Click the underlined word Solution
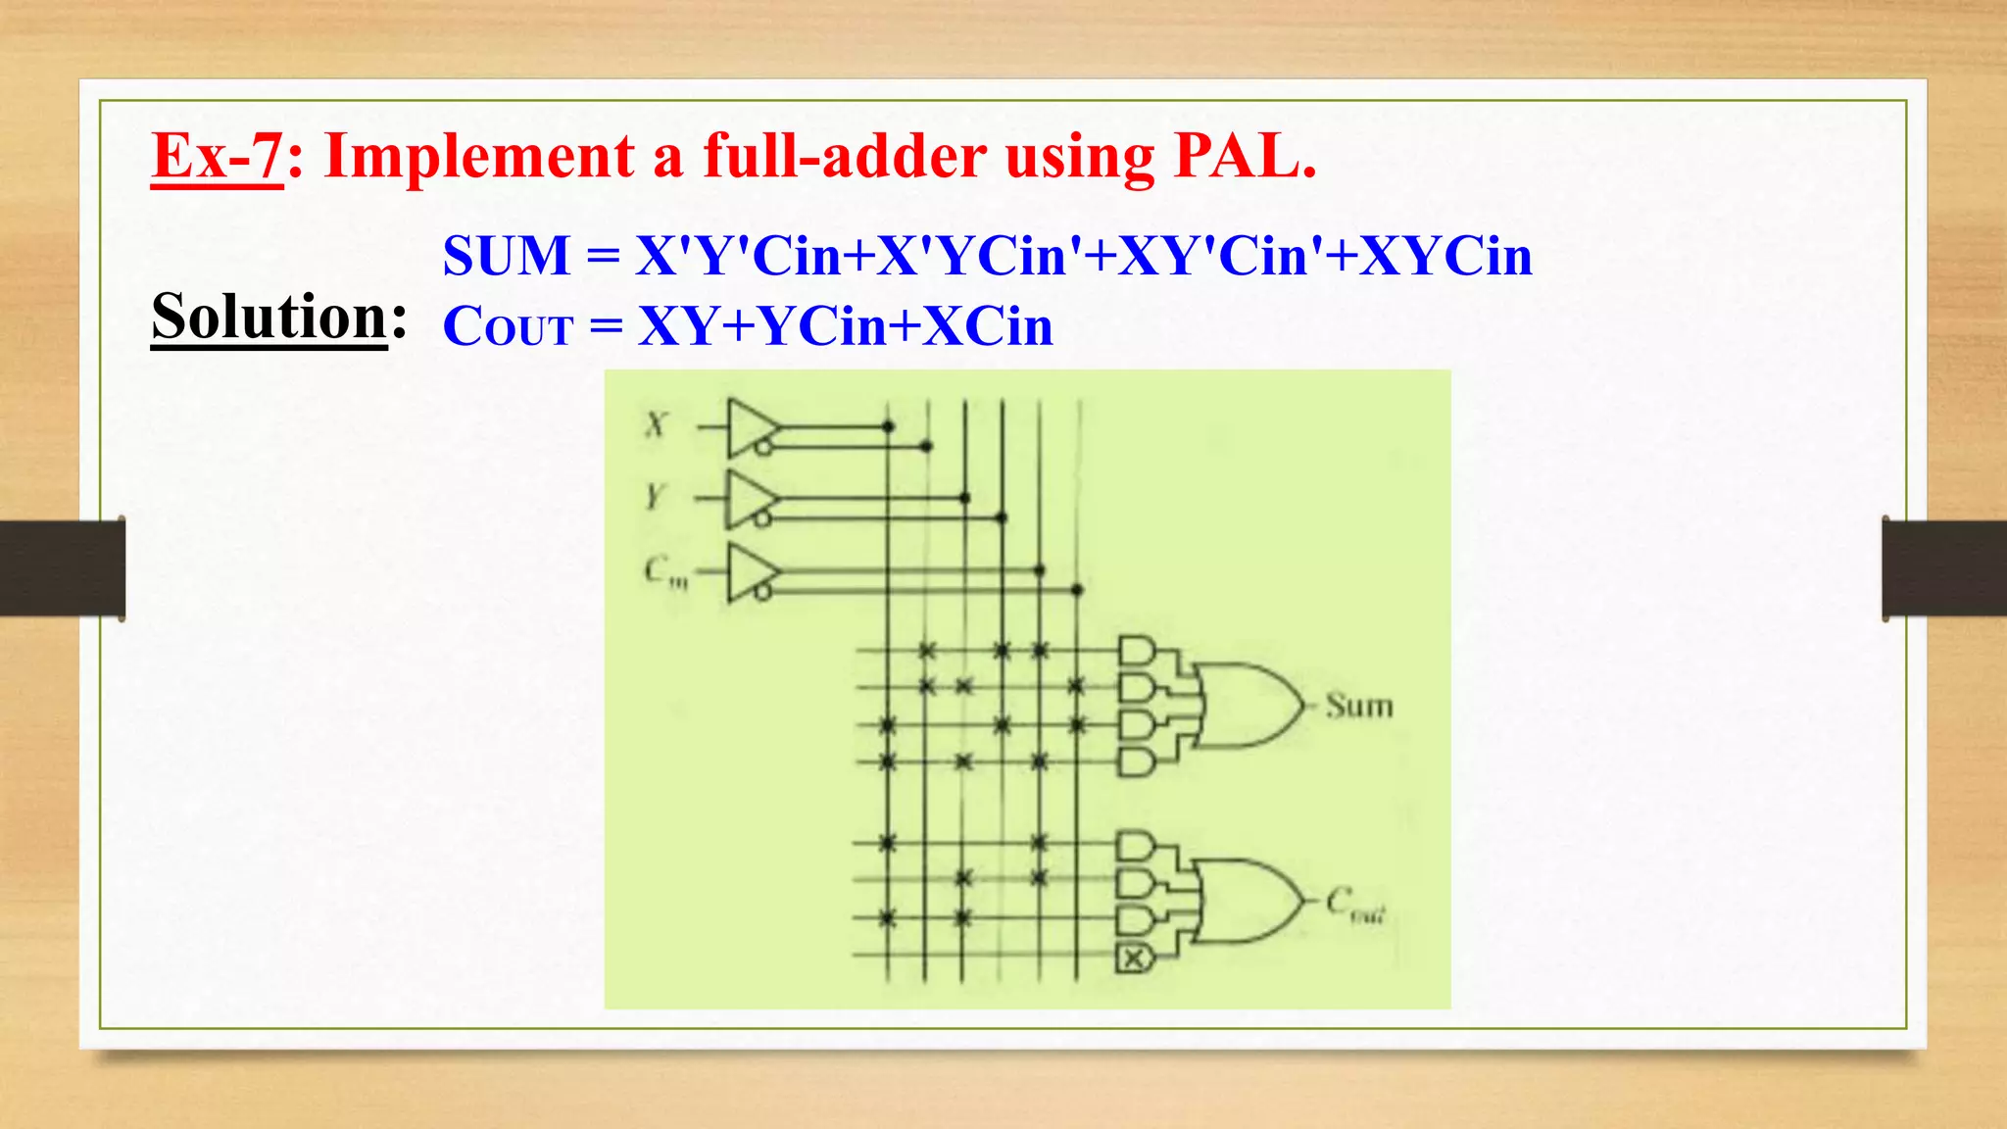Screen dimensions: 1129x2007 coord(269,317)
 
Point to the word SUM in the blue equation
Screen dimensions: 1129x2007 coord(506,256)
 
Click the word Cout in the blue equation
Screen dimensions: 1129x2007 coord(508,326)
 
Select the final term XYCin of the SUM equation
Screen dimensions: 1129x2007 coord(1445,256)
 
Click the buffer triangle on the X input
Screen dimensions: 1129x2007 coord(750,426)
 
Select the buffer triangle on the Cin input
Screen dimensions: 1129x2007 coord(750,571)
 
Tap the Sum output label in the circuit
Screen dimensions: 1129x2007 coord(1359,706)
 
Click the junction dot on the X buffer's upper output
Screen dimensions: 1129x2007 coord(888,426)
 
